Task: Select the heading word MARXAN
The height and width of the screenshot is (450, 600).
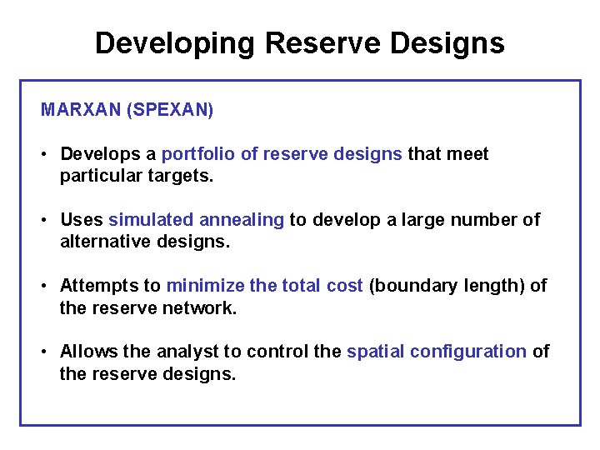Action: click(x=81, y=110)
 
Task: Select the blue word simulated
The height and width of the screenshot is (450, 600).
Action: click(x=151, y=220)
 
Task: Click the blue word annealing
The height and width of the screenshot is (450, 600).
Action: click(x=242, y=221)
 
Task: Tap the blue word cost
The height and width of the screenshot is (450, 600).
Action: click(x=344, y=286)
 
